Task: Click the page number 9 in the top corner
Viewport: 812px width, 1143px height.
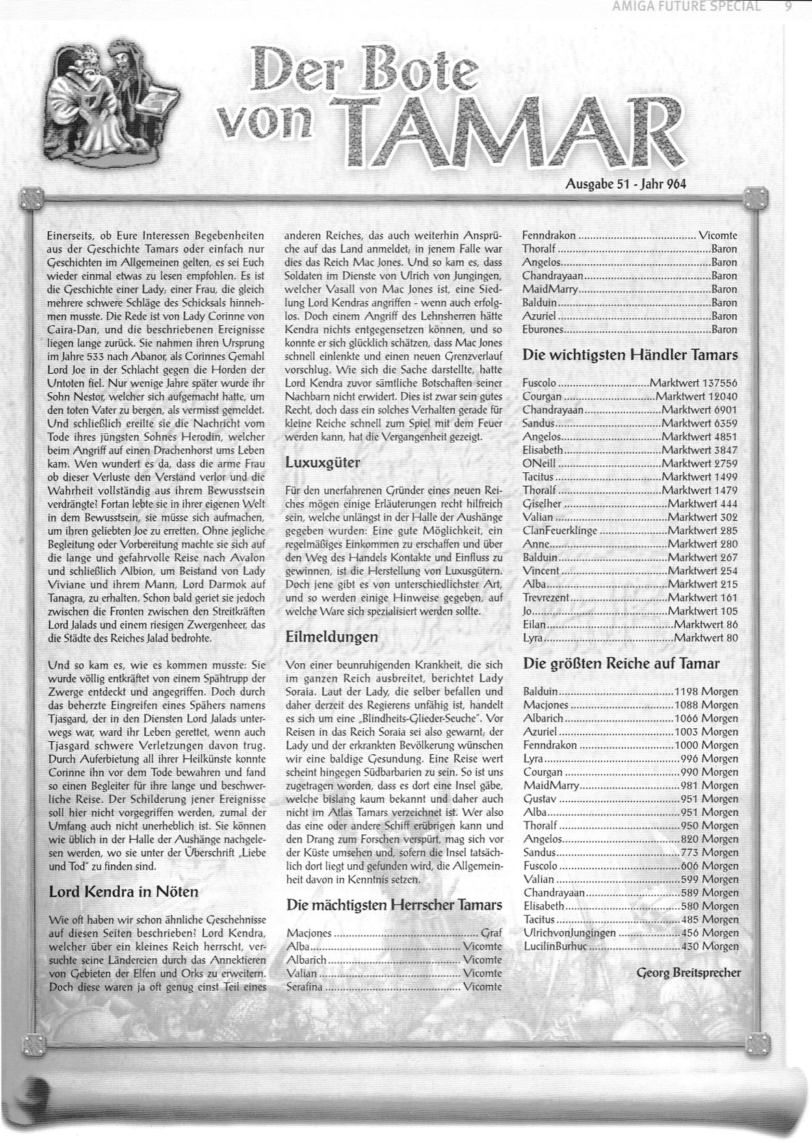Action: point(788,7)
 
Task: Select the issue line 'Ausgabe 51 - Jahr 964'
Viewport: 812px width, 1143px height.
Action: point(626,183)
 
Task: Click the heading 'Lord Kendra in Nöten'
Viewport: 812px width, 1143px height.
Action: point(124,892)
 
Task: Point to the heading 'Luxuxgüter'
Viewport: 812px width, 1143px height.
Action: point(322,462)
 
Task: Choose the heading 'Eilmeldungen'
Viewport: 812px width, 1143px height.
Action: point(331,637)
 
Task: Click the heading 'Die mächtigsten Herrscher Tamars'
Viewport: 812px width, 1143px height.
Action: point(395,905)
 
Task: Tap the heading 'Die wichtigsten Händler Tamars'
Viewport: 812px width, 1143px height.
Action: point(630,355)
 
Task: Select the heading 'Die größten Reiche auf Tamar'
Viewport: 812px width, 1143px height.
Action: point(621,663)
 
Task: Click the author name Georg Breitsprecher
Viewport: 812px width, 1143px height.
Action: point(688,972)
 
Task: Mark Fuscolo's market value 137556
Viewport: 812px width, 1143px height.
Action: point(694,383)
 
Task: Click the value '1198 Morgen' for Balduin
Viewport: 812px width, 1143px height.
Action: point(706,691)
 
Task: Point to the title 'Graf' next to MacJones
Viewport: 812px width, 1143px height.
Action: point(491,933)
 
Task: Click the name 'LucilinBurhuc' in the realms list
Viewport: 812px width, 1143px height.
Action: point(555,947)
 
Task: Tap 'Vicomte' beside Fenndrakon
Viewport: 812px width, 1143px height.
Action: point(718,235)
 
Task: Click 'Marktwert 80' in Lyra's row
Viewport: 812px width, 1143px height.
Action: point(705,638)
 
